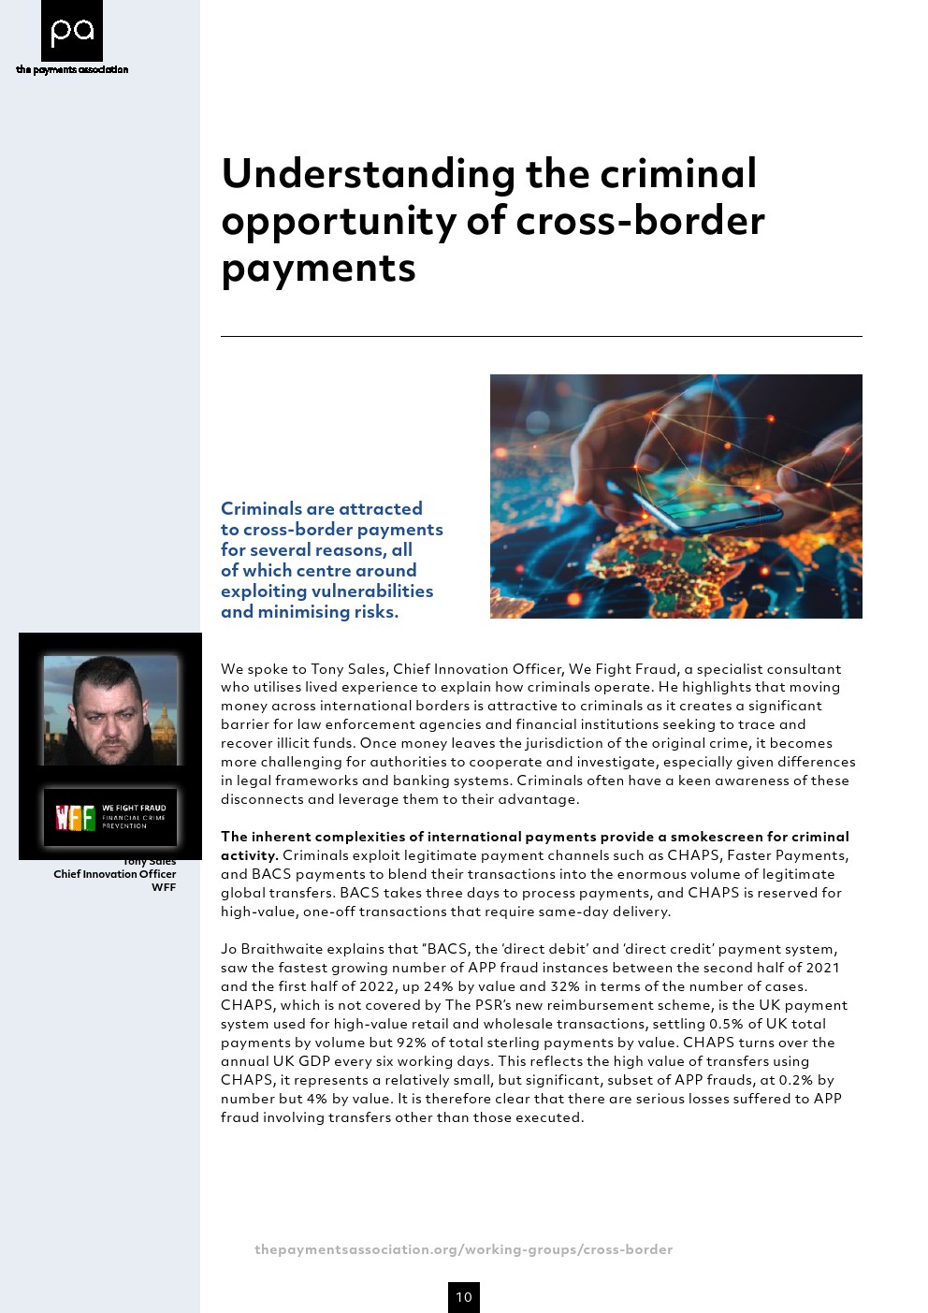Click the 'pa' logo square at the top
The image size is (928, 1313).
click(72, 31)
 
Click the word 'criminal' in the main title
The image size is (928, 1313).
click(677, 174)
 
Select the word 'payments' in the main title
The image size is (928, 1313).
click(318, 268)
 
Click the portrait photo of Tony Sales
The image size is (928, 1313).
click(110, 710)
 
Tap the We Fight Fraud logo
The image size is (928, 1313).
click(110, 817)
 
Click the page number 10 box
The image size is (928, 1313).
click(464, 1297)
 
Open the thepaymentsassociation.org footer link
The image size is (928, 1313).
click(463, 1249)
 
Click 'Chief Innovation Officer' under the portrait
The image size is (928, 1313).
click(114, 874)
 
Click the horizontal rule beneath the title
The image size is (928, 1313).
click(541, 336)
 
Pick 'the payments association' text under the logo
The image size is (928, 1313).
click(72, 69)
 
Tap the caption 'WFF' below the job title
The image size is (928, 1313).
click(164, 887)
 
